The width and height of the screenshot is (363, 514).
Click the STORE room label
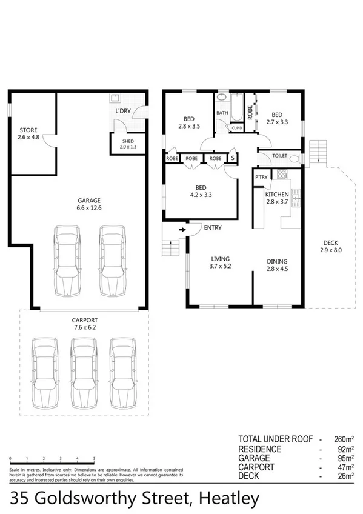tap(28, 130)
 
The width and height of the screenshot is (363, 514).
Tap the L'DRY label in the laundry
tap(123, 112)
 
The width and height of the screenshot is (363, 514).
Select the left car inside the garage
tap(66, 260)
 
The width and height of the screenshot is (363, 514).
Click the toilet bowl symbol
tap(294, 158)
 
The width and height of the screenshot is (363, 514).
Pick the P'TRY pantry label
tap(261, 177)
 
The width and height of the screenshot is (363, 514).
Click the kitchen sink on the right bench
tap(296, 197)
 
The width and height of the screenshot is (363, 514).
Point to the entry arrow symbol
tap(181, 230)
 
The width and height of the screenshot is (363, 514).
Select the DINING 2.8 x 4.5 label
tap(278, 265)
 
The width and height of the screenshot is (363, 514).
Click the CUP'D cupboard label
tap(237, 128)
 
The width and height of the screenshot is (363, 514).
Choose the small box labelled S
tap(232, 158)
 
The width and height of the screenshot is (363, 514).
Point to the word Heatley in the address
tap(225, 498)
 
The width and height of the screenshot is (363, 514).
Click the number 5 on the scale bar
tap(95, 458)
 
